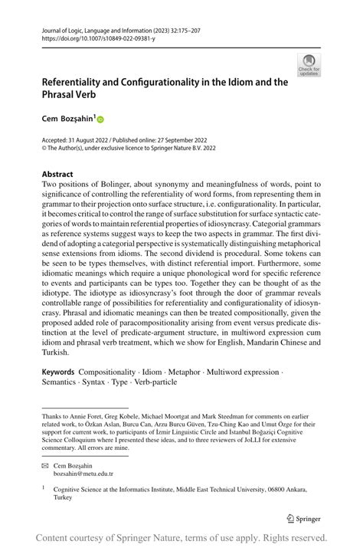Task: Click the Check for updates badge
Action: tap(309, 65)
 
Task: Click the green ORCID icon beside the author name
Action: tap(100, 120)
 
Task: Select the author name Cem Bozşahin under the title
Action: tap(67, 120)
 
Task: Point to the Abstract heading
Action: tap(58, 174)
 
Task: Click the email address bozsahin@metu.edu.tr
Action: tap(83, 474)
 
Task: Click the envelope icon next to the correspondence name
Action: tap(46, 465)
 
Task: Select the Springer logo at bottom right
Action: tap(305, 517)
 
